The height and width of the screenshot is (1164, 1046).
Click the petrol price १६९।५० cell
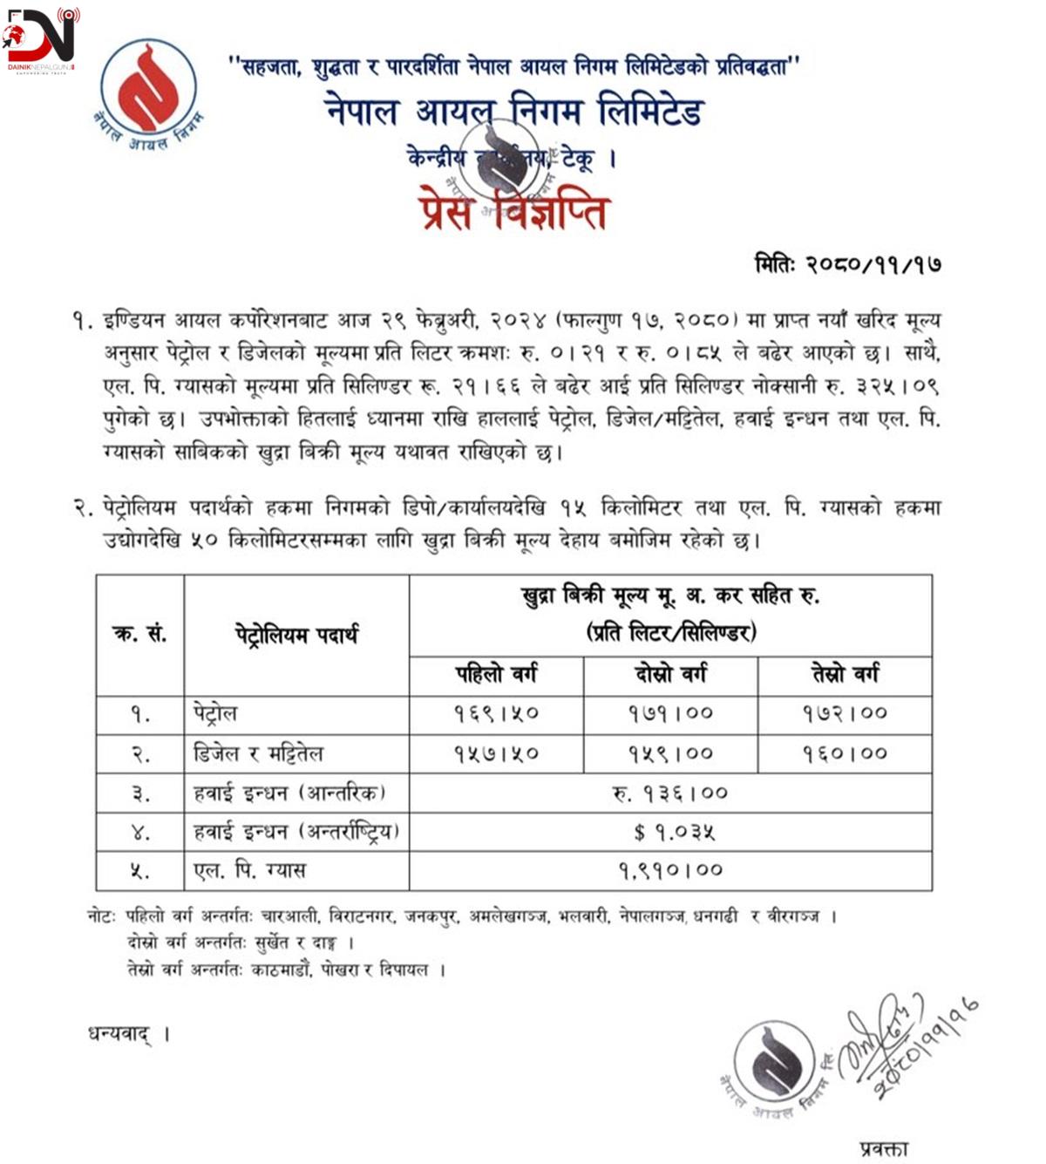496,714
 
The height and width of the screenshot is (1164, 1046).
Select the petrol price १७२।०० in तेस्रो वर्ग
845,714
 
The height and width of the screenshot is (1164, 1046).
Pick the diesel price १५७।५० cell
496,753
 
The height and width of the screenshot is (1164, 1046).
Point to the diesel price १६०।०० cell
845,753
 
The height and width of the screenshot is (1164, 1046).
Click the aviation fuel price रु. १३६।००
670,793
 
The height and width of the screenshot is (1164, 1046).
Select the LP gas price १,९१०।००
670,870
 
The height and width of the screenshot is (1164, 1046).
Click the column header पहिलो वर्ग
496,675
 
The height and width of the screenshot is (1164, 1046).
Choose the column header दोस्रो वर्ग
670,675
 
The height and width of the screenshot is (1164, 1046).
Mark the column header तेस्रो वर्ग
845,675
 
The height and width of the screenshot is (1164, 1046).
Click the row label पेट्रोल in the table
215,714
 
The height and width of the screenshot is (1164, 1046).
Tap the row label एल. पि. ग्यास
249,870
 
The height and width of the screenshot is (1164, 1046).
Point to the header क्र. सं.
139,635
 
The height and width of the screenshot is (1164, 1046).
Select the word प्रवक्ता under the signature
883,1148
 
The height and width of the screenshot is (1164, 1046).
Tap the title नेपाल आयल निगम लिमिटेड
513,112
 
